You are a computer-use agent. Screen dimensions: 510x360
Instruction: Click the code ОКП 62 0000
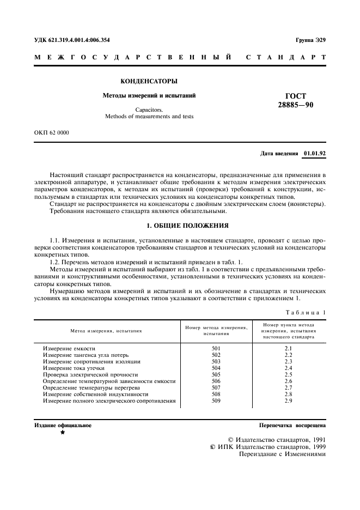(x=52, y=132)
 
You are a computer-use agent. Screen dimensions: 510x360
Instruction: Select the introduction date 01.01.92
(x=314, y=154)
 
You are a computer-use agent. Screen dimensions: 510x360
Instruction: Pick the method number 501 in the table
(x=216, y=348)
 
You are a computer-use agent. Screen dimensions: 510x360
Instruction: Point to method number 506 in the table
(x=216, y=381)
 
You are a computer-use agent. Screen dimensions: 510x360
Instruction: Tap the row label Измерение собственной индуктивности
(x=96, y=394)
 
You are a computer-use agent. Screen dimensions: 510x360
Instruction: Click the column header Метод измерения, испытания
(x=106, y=330)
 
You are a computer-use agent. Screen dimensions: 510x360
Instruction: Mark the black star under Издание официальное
(x=63, y=432)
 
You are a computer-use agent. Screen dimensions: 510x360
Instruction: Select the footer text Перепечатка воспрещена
(x=292, y=425)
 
